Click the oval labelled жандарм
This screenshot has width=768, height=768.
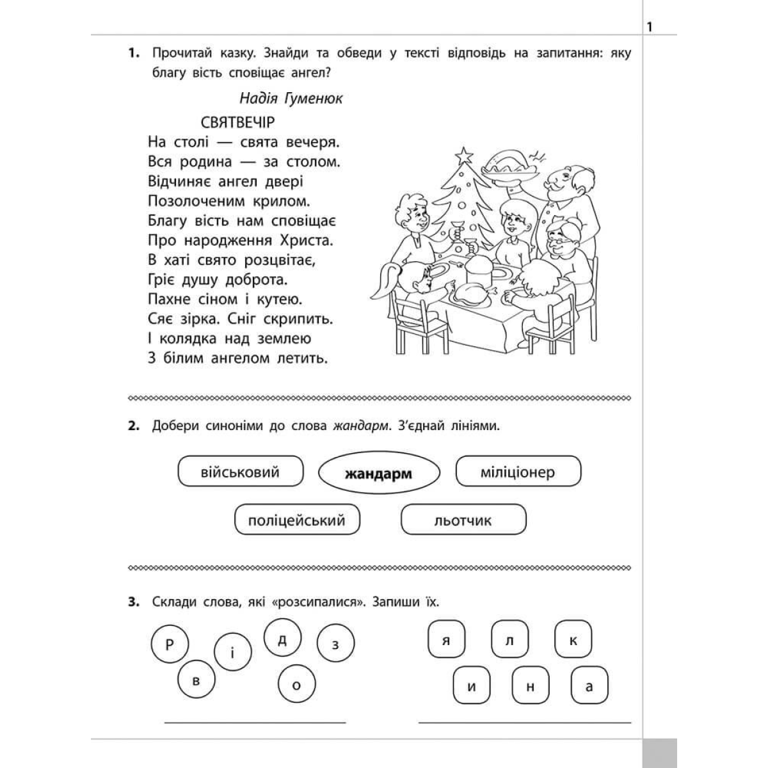[379, 474]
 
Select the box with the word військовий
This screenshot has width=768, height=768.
[239, 473]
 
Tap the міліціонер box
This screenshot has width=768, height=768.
[518, 473]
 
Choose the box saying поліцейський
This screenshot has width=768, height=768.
[297, 520]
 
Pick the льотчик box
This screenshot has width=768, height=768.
[463, 520]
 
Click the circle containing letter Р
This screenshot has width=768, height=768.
[170, 645]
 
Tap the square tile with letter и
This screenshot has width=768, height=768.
[472, 685]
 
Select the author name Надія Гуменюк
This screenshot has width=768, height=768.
[291, 98]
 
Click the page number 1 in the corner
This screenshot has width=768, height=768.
[650, 27]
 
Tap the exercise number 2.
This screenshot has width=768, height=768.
[133, 427]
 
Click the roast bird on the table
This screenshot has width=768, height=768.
[472, 294]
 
